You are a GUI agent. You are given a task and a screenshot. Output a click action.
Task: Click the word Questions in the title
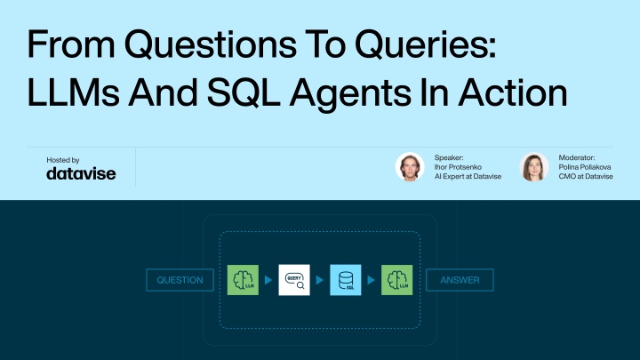[211, 44]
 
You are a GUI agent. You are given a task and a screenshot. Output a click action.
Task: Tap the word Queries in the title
[426, 44]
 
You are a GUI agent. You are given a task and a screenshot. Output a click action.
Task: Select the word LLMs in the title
[74, 92]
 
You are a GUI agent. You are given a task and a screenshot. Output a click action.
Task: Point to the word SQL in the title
[244, 92]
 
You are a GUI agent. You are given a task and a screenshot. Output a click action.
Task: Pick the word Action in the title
[513, 92]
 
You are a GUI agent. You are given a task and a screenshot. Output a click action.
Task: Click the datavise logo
[81, 173]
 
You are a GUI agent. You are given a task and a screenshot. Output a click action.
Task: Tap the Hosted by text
[63, 160]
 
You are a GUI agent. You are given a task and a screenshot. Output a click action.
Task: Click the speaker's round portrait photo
[410, 166]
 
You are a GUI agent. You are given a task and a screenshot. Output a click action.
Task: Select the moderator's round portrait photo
[534, 166]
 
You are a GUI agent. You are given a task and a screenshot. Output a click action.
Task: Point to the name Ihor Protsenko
[458, 167]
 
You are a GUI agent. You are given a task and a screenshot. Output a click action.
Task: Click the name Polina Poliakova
[585, 167]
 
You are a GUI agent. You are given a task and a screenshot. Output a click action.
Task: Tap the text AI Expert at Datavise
[468, 176]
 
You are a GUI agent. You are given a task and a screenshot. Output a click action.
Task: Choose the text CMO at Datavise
[586, 176]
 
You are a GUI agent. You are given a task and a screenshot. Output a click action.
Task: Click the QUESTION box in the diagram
[180, 280]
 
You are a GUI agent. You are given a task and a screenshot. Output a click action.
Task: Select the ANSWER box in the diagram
[460, 280]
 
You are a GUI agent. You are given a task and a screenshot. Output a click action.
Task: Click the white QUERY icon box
[294, 280]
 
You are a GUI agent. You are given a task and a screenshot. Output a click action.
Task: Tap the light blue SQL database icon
[346, 280]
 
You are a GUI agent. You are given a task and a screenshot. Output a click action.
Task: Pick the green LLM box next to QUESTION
[243, 280]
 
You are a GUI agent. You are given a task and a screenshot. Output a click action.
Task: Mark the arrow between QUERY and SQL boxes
[320, 280]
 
